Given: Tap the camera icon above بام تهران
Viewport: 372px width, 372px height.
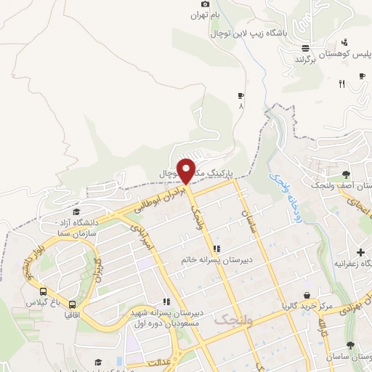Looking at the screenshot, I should click(x=206, y=4).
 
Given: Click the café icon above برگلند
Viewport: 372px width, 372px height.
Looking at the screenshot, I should click(x=306, y=48).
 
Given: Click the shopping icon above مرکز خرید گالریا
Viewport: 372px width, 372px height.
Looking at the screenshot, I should click(x=308, y=295).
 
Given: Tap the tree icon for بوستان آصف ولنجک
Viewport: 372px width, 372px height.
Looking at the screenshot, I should click(x=345, y=174).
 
